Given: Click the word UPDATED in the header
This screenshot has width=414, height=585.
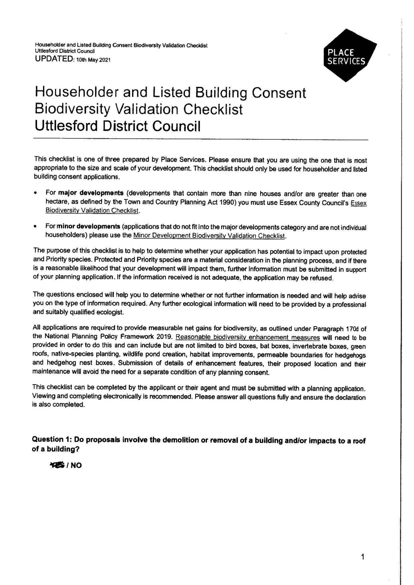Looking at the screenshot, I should click(53, 59).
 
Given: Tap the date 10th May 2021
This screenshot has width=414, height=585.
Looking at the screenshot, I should click(93, 60).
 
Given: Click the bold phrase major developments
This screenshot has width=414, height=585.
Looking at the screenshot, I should click(91, 193).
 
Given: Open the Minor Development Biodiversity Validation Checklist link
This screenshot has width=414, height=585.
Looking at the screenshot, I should click(210, 235).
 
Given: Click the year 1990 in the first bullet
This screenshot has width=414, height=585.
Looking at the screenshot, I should click(228, 202).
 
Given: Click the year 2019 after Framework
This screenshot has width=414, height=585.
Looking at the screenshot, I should click(164, 337).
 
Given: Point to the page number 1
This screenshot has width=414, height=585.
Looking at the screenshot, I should click(363, 556).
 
